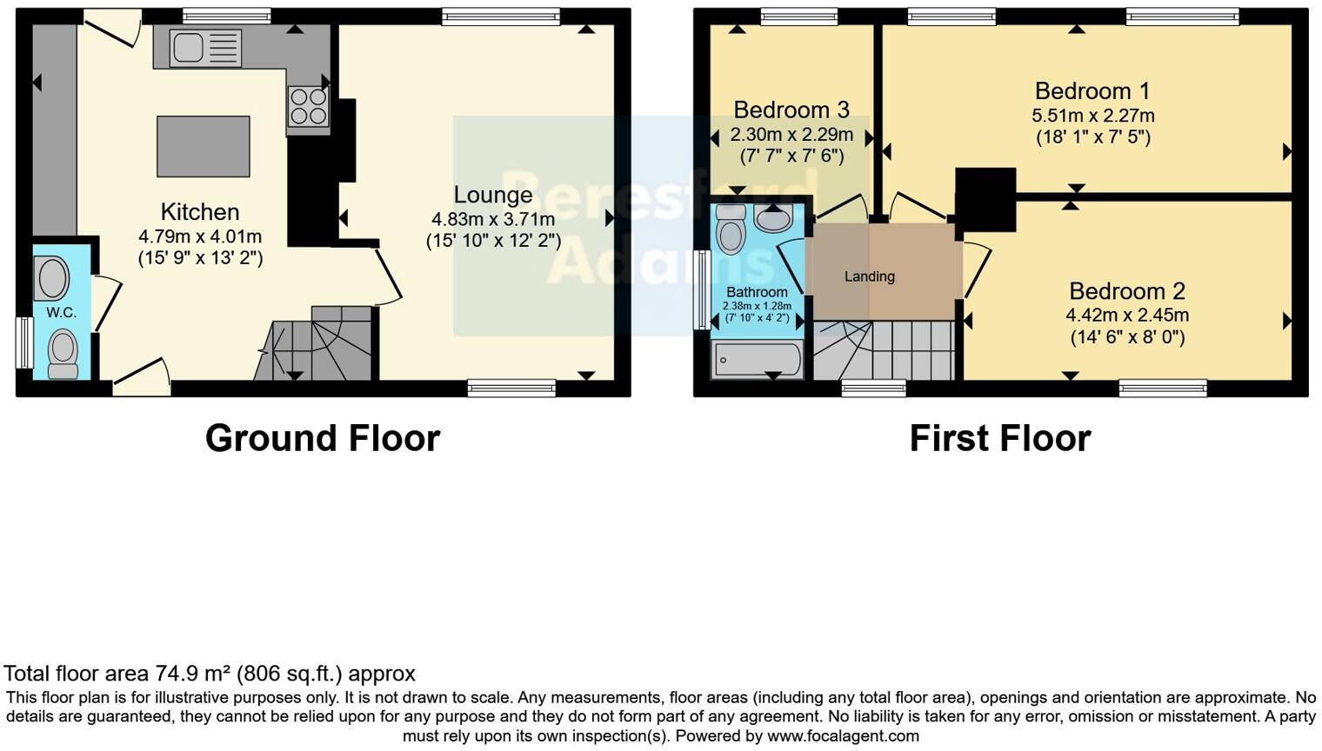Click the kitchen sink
click(205, 47)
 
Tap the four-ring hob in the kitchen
click(309, 106)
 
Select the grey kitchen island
click(204, 146)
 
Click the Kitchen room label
click(200, 212)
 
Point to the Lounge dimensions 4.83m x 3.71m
click(492, 219)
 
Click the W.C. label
click(61, 313)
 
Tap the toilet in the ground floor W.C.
click(63, 352)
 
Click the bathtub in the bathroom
click(757, 359)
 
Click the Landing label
click(869, 276)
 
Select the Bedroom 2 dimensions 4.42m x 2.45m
click(1127, 316)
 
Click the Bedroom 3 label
click(791, 110)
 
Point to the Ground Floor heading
click(322, 438)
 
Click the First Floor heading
click(999, 438)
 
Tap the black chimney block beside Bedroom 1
click(985, 199)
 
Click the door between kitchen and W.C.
click(106, 301)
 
